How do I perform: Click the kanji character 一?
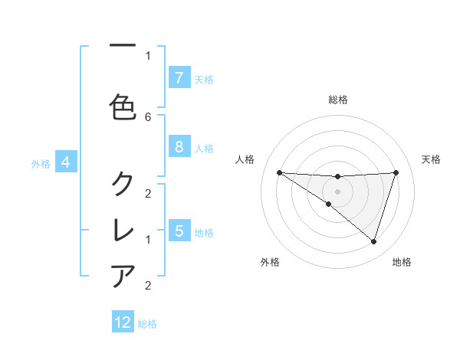(x=123, y=45)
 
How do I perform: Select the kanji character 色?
(x=123, y=106)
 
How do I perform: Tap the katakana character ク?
(x=123, y=183)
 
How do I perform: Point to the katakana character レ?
(x=123, y=229)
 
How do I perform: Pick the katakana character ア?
(x=123, y=275)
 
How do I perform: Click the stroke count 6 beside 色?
(x=148, y=116)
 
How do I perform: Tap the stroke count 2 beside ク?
(x=148, y=193)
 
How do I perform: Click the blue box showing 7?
(x=179, y=78)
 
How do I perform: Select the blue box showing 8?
(x=179, y=147)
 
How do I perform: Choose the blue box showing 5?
(x=179, y=231)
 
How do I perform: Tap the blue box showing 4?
(x=66, y=162)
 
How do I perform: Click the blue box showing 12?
(x=123, y=322)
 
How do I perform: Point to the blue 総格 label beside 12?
(x=147, y=323)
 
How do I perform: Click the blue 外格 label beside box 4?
(x=41, y=163)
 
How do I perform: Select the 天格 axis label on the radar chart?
(x=431, y=159)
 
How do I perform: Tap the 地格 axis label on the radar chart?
(x=402, y=262)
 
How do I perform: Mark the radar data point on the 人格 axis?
(x=280, y=172)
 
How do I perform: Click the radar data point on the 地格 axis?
(x=373, y=241)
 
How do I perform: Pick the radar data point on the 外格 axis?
(x=328, y=204)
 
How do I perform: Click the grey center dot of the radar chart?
(x=338, y=191)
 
